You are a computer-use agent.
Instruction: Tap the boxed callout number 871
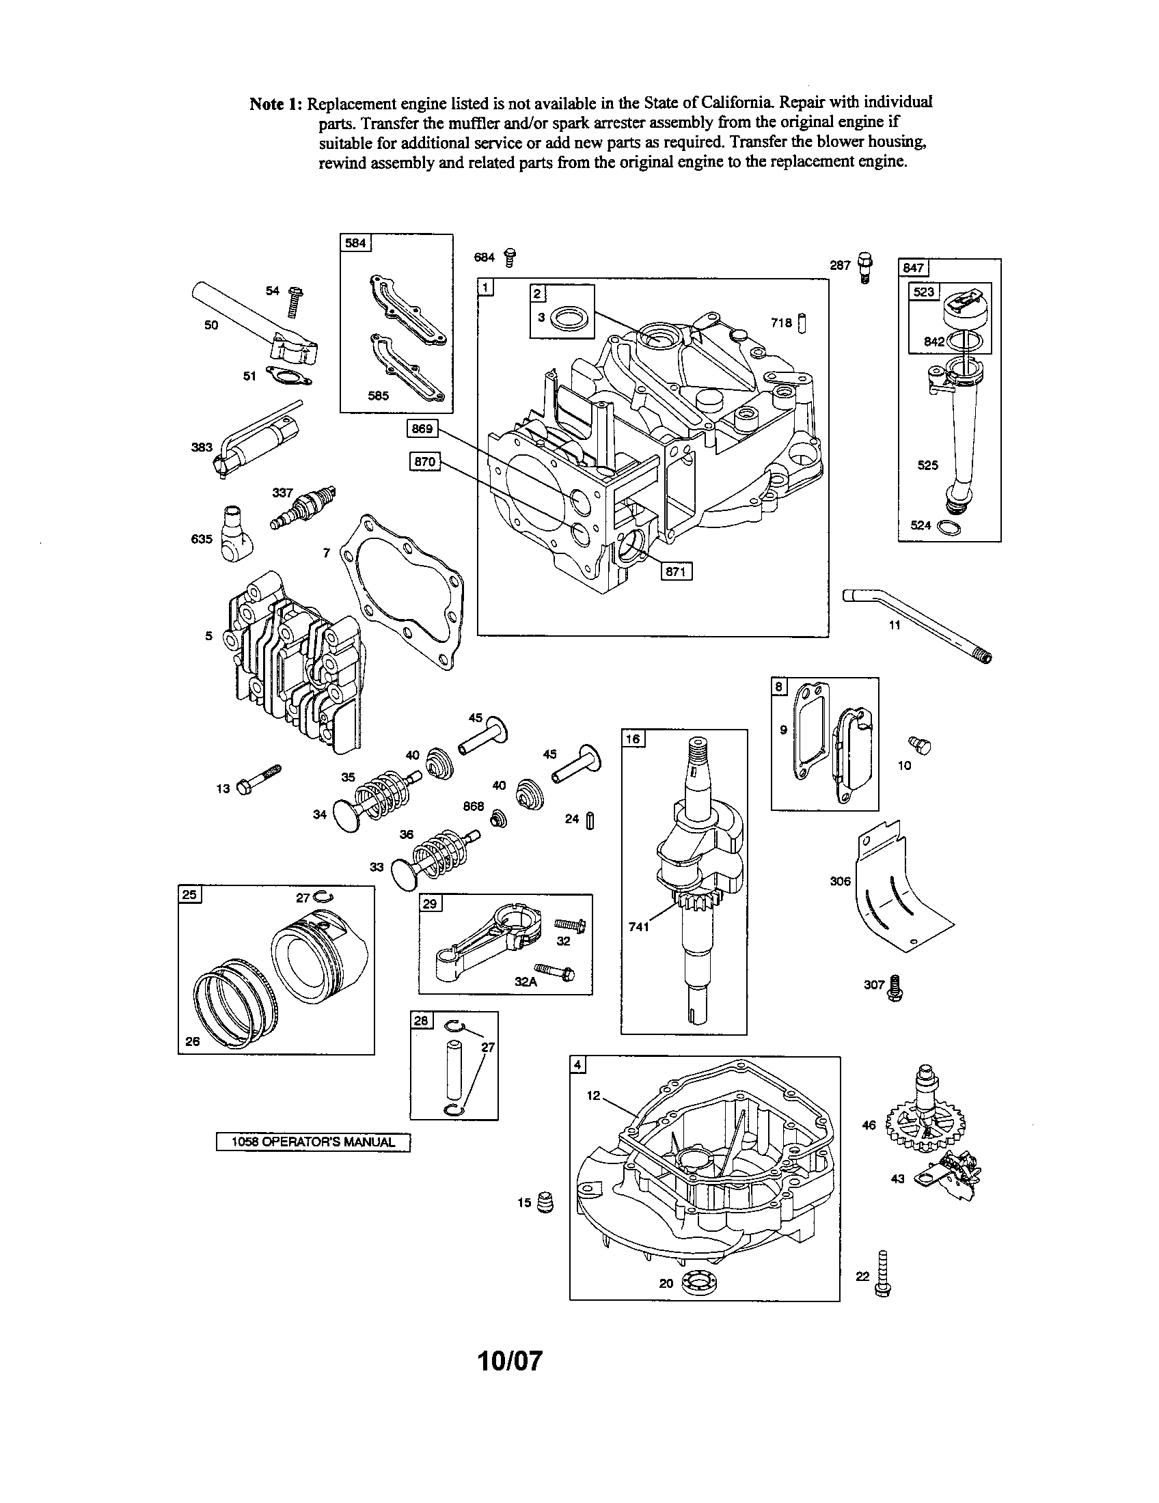coord(676,571)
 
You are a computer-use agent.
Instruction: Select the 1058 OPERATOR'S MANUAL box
coord(313,1142)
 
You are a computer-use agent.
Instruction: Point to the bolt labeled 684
coord(510,257)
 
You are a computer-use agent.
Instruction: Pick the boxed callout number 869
coord(422,429)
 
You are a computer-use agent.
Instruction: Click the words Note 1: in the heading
coord(275,105)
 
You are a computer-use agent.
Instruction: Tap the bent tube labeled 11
coord(915,620)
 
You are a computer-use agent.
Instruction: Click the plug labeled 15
coord(544,1202)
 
